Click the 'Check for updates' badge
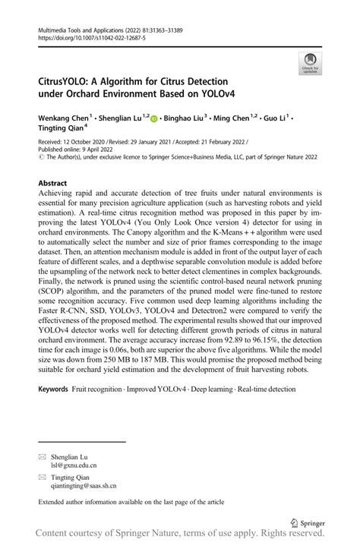(x=310, y=63)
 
